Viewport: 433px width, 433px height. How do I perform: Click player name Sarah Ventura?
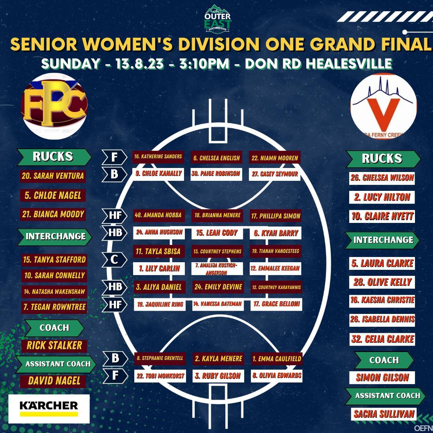[x=53, y=176]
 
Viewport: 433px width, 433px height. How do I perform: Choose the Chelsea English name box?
[x=216, y=158]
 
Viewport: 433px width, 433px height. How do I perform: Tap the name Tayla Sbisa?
[x=158, y=251]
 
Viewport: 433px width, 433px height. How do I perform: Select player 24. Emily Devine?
[x=218, y=287]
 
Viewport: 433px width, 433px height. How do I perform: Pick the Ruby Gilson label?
[x=218, y=376]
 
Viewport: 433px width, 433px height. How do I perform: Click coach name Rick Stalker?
[x=54, y=345]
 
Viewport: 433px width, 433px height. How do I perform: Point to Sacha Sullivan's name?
[x=384, y=414]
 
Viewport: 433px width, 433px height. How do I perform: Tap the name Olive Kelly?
[x=382, y=282]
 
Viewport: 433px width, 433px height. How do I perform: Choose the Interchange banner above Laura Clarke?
[x=383, y=240]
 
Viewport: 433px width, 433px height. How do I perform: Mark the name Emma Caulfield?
[x=276, y=359]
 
